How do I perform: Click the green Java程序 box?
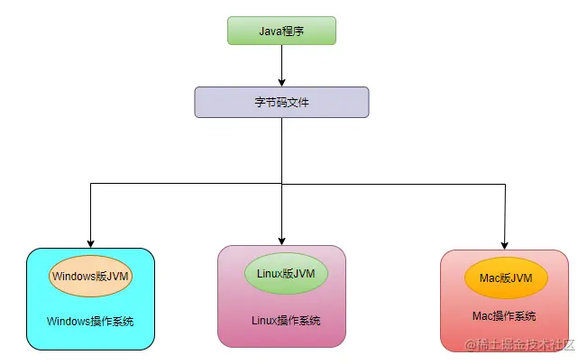tap(281, 30)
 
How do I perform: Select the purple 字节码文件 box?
tap(281, 102)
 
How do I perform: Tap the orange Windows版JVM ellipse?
tap(91, 277)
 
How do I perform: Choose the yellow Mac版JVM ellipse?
tap(504, 278)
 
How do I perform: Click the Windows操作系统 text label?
tap(91, 321)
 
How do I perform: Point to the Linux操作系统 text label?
tap(285, 321)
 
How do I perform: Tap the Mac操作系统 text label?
tap(504, 316)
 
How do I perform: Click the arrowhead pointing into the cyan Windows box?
tap(90, 243)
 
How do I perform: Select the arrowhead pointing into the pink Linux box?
tap(281, 241)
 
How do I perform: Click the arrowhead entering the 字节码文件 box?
tap(281, 82)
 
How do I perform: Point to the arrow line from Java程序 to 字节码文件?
tap(281, 63)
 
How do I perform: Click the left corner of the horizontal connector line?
tap(90, 184)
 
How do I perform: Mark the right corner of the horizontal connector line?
tap(503, 184)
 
